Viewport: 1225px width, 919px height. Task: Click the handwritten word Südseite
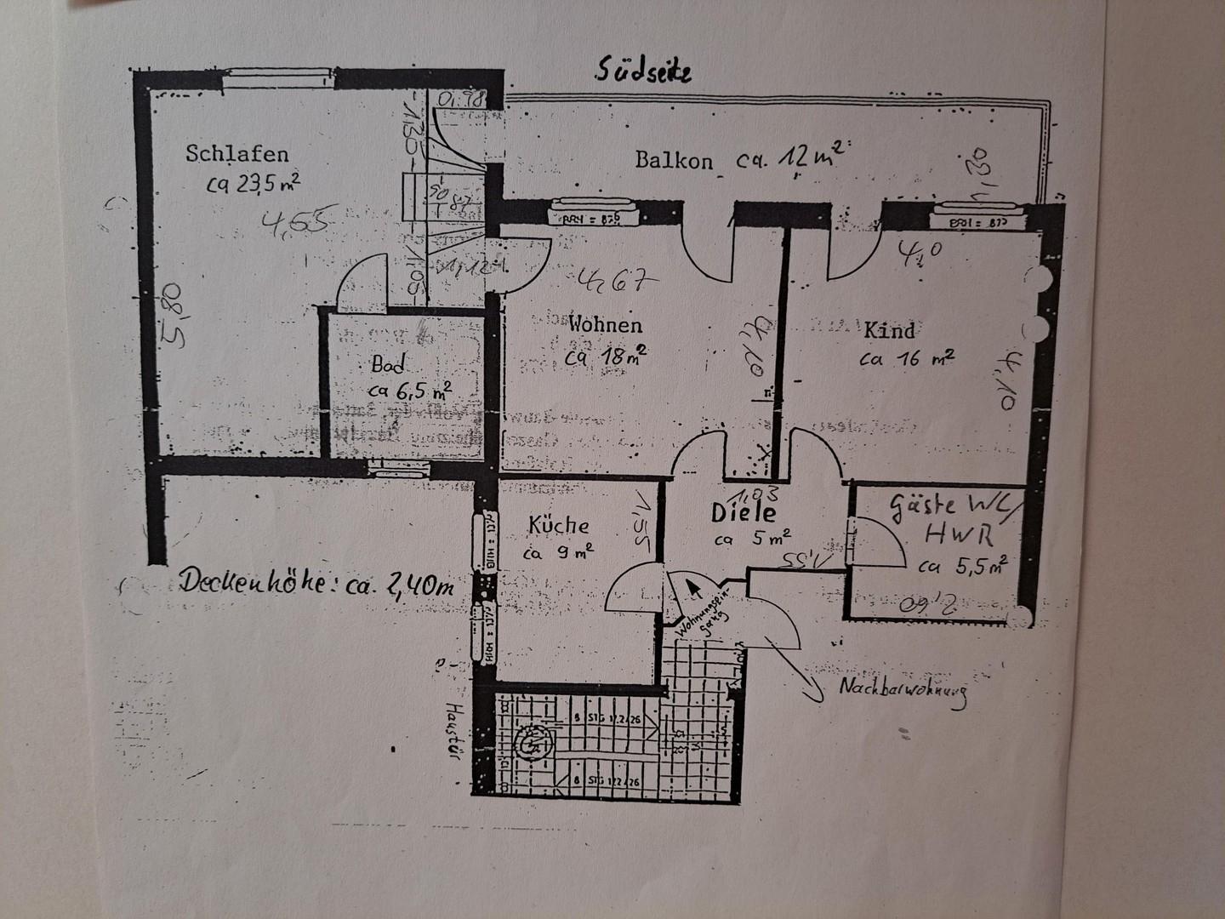pyautogui.click(x=643, y=69)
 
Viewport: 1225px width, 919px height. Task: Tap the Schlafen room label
pyautogui.click(x=237, y=154)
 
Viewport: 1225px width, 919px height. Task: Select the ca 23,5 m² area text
pyautogui.click(x=253, y=183)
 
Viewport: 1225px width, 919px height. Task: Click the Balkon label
pyautogui.click(x=674, y=160)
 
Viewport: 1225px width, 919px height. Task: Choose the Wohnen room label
pyautogui.click(x=606, y=324)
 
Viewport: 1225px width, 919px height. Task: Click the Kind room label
pyautogui.click(x=890, y=330)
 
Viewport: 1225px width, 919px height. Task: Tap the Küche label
pyautogui.click(x=558, y=526)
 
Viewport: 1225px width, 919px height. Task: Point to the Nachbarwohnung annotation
pyautogui.click(x=903, y=694)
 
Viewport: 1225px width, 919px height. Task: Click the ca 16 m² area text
pyautogui.click(x=906, y=359)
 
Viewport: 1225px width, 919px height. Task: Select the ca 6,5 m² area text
pyautogui.click(x=410, y=391)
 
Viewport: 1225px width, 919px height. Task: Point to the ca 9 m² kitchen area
pyautogui.click(x=558, y=553)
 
